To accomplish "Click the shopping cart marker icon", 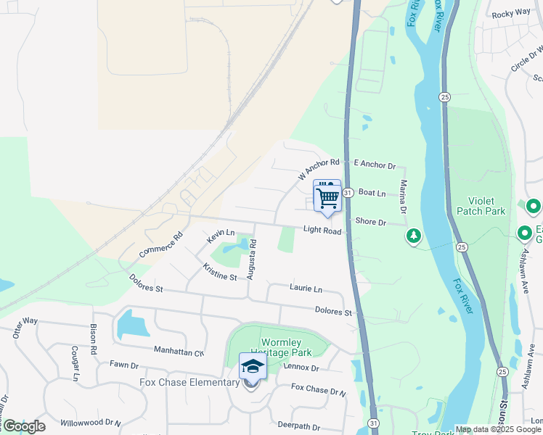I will coord(327,196).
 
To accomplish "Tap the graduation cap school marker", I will coord(252,368).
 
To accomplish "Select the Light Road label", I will coord(322,231).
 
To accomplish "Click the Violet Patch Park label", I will coord(480,206).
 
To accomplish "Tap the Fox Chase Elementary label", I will coord(190,382).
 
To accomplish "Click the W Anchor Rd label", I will coord(319,170).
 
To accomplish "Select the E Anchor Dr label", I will coord(374,165).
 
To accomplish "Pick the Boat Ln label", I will coord(372,194).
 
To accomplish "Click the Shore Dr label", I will coord(371,222).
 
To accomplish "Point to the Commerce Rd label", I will coord(161,246).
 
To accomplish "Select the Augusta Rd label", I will coord(253,254).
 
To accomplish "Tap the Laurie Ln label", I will coord(306,289).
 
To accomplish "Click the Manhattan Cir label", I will coord(179,351).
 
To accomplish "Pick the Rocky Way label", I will coord(511,14).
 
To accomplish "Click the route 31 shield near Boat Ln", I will coord(348,193).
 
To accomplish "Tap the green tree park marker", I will coord(414,236).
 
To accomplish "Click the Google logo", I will coord(23,426).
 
